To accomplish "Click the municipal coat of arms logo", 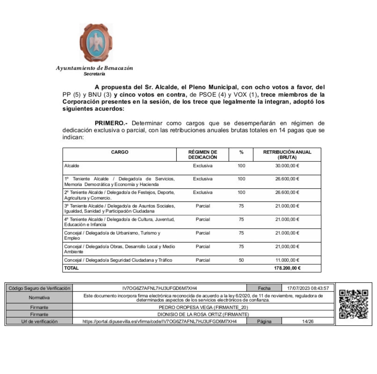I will [96, 43].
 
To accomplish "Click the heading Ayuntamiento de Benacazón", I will [94, 68].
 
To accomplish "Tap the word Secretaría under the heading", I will [94, 74].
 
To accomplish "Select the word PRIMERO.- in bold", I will [111, 123].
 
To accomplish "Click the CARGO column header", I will [119, 152].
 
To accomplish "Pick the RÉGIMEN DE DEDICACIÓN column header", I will [203, 155].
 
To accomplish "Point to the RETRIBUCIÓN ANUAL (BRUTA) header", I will [287, 155].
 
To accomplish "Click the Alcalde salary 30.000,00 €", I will [287, 166].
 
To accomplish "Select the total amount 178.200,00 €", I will [287, 268].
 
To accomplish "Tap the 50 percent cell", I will [241, 260].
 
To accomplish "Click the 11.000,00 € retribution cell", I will [287, 260].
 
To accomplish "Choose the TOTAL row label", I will [71, 268].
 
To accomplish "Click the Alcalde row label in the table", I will [72, 166].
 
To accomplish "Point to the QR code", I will [353, 304].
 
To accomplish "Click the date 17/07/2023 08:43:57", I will [308, 288].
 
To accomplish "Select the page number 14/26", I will [308, 321].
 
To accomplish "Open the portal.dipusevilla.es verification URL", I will [160, 321].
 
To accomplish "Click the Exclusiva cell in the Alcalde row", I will [203, 166].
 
